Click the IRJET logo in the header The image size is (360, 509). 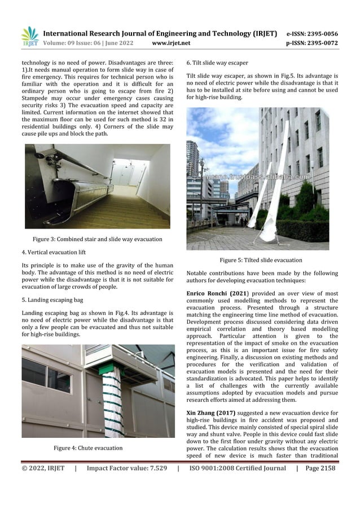point(29,37)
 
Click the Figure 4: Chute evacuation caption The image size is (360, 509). point(87,447)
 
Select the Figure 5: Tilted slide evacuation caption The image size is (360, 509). point(261,260)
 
